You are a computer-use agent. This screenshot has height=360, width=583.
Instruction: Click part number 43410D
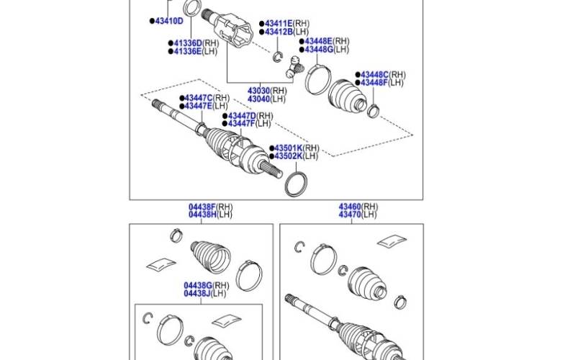click(169, 21)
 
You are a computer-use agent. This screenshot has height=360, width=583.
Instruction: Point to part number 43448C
click(374, 75)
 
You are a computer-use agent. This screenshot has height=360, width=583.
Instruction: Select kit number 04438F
click(202, 207)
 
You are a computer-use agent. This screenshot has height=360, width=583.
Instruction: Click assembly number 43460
click(351, 207)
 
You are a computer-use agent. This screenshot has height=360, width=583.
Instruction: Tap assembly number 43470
click(351, 214)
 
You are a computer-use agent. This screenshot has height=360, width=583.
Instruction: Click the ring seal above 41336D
click(191, 9)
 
